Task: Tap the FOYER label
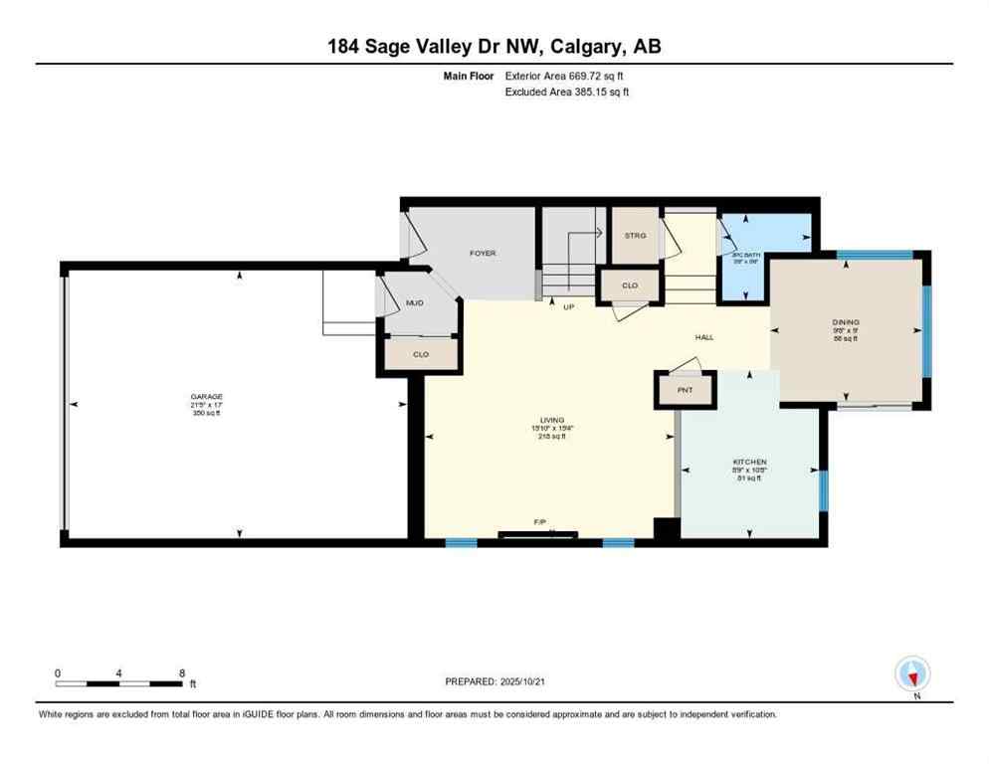tap(483, 254)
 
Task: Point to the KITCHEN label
tap(749, 463)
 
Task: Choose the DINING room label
tap(846, 322)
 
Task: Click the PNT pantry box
tap(685, 390)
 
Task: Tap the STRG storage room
tap(635, 236)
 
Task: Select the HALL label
tap(704, 337)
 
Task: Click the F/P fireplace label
tap(539, 522)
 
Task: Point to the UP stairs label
tap(569, 306)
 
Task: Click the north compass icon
tap(911, 674)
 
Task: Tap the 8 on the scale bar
tap(181, 672)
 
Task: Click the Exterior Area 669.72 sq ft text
tap(567, 75)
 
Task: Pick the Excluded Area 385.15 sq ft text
tap(567, 92)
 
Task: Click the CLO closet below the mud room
tap(420, 354)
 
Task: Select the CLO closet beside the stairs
tap(629, 286)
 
